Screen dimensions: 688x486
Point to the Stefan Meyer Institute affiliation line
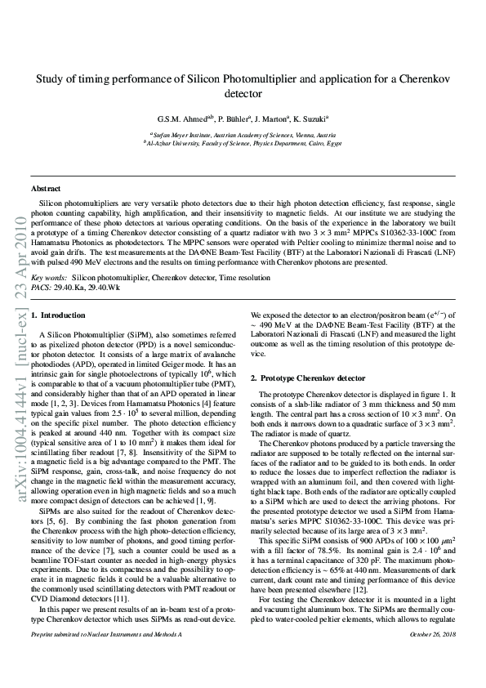[242, 132]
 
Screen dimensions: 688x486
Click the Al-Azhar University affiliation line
[242, 141]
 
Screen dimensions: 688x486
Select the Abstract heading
[46, 189]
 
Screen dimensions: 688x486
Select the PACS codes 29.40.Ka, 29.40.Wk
[89, 287]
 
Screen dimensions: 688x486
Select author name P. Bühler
[230, 117]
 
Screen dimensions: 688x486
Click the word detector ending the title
[242, 94]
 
